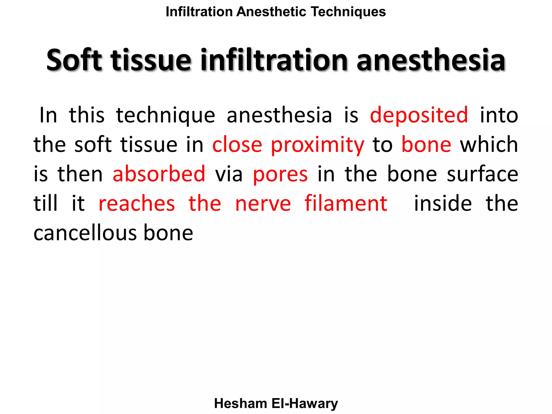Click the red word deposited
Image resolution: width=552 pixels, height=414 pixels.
[x=419, y=115]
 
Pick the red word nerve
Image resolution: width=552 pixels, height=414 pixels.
[x=263, y=204]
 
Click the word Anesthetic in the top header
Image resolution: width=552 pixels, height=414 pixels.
[x=271, y=12]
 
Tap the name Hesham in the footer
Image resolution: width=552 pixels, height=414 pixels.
[x=240, y=403]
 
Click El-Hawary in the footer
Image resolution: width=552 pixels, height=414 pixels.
[x=305, y=403]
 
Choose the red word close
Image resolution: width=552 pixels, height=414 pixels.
[x=237, y=145]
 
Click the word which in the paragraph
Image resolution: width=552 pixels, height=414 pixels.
[x=489, y=145]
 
